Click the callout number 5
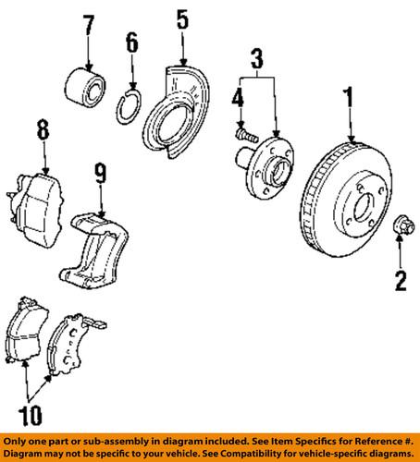182,18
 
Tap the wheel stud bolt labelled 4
244,137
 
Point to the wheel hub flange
269,166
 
